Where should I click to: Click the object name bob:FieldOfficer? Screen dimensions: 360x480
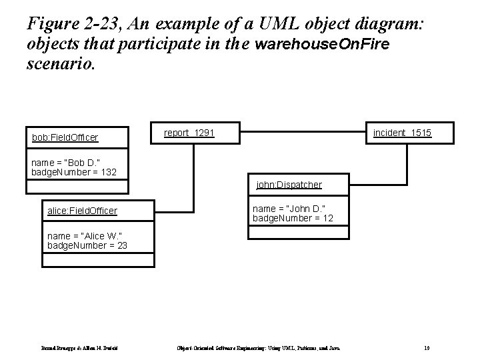tap(65, 138)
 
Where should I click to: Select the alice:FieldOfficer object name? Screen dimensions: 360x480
tap(82, 211)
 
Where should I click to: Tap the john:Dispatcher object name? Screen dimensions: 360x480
tap(289, 184)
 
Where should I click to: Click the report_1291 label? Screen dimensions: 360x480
tap(189, 133)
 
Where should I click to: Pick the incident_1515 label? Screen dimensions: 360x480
tap(402, 133)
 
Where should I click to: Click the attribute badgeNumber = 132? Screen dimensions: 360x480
tap(74, 172)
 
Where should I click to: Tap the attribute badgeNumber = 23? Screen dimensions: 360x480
tap(87, 245)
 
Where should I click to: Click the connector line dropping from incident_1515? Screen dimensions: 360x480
tap(406, 163)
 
